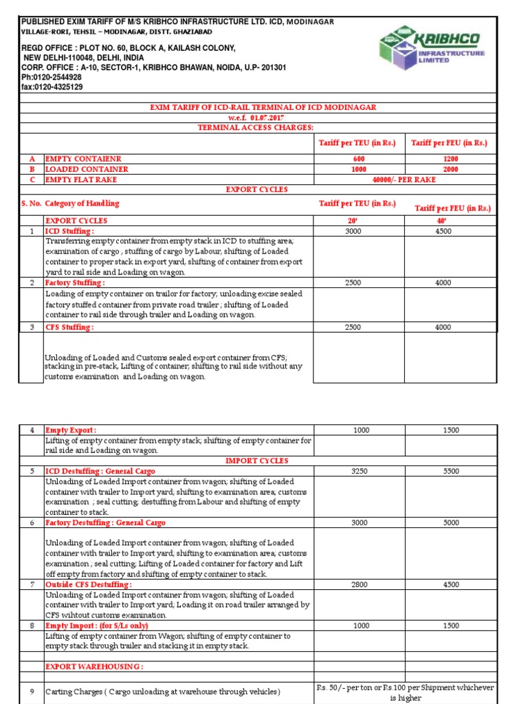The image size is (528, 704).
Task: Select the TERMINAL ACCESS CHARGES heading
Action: (x=255, y=128)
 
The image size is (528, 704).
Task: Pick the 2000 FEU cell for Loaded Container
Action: (x=450, y=169)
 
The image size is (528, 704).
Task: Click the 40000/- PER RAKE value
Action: (x=404, y=179)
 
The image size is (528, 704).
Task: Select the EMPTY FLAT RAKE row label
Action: (x=80, y=179)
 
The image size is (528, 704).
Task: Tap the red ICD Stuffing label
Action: (x=69, y=231)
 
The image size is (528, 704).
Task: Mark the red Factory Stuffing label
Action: (x=75, y=283)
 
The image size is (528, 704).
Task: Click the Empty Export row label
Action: (x=71, y=430)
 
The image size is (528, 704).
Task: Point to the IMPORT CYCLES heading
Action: (x=256, y=461)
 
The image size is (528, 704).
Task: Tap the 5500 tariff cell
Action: (x=450, y=471)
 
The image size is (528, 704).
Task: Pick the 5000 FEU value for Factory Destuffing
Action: (x=450, y=522)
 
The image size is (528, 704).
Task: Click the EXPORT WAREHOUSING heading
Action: (x=94, y=667)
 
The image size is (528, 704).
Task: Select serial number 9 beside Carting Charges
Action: (x=32, y=691)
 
